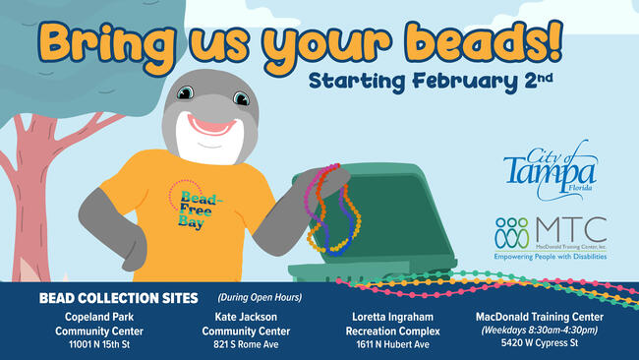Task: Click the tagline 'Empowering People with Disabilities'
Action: [x=551, y=257]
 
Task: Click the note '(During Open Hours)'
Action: [x=259, y=297]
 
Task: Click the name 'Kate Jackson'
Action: [x=246, y=318]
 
